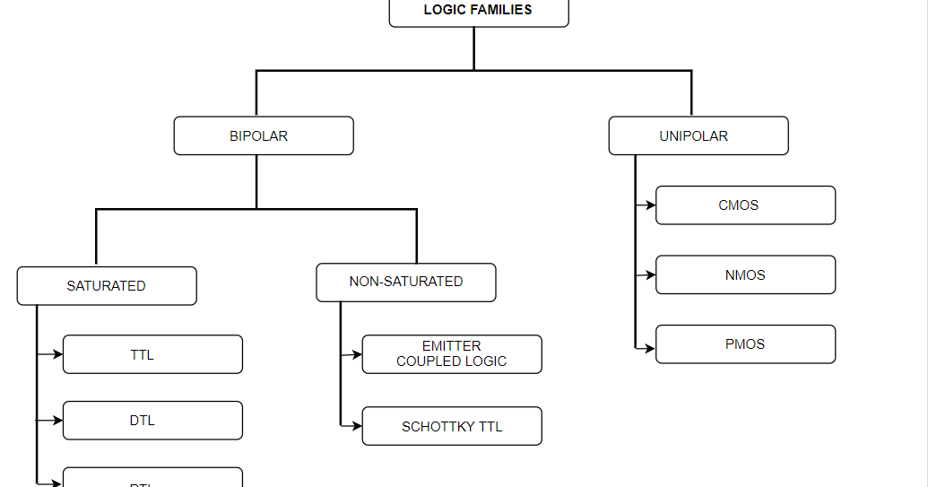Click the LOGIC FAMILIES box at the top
478,12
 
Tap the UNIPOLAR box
698,136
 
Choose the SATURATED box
107,286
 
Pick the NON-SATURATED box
406,282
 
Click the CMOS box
745,205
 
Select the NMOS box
745,275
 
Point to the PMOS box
745,344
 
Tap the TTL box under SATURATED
152,354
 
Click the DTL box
152,421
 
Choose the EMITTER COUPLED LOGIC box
452,354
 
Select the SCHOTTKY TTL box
452,427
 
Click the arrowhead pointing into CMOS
651,205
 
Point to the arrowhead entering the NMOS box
651,275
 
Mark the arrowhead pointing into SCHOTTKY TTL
357,426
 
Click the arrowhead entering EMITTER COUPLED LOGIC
357,354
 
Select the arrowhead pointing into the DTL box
58,420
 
